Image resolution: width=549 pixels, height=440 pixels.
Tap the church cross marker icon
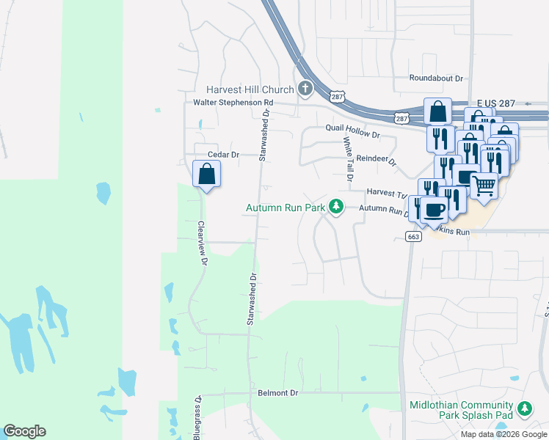[305, 89]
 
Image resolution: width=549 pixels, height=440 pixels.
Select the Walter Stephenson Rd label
[233, 103]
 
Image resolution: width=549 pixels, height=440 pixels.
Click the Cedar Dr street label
[224, 155]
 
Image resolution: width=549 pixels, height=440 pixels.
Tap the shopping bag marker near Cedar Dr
[207, 175]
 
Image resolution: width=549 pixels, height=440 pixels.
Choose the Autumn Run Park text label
[285, 208]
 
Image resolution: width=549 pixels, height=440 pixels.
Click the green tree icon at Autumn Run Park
[336, 208]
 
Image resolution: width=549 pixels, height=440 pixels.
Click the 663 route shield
[413, 236]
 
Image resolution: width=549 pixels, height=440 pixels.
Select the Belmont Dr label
[278, 393]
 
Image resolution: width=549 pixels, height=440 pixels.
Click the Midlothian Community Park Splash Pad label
[461, 411]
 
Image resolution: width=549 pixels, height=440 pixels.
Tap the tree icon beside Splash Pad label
[524, 409]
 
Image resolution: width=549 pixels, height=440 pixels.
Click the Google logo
[24, 431]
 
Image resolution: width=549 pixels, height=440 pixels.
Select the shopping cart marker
[484, 186]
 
